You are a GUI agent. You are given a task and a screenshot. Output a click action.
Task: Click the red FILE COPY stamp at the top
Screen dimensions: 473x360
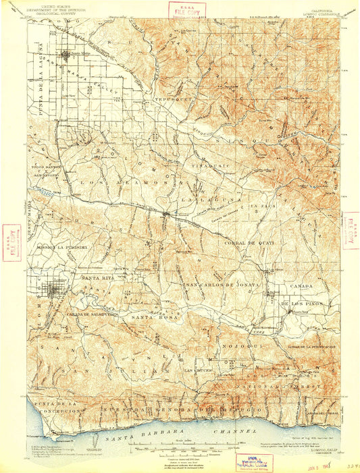click(178, 9)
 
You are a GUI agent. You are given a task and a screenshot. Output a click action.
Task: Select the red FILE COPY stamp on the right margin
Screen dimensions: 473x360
click(351, 230)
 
